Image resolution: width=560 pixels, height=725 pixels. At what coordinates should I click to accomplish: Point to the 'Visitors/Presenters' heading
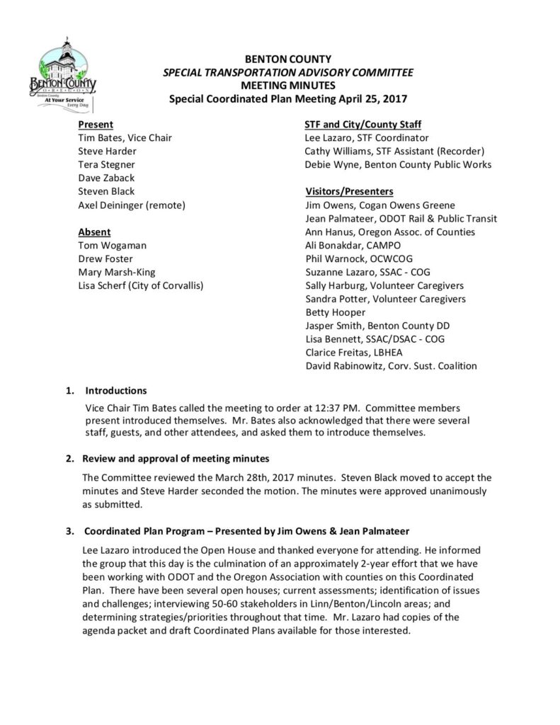point(349,191)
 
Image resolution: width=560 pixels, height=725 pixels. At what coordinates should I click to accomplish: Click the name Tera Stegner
point(107,165)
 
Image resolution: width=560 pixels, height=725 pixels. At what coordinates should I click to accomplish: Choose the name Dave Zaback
point(105,178)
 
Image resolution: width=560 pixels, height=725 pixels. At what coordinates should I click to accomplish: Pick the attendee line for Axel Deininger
point(132,205)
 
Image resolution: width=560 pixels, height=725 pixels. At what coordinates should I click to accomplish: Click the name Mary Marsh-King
point(118,273)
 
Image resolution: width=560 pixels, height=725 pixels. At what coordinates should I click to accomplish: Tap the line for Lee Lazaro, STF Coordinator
point(366,138)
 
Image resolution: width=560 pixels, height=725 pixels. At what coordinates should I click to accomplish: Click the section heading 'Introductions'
point(116,390)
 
